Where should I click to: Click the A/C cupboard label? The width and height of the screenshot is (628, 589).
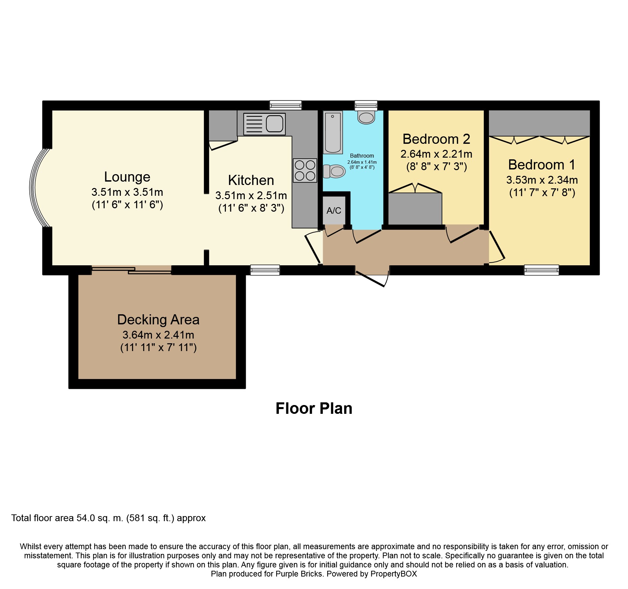coord(334,211)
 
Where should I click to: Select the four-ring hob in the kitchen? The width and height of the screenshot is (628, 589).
coord(305,170)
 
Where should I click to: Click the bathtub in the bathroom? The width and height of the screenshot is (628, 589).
coord(333,132)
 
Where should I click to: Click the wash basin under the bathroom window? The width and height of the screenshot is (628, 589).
coord(366,117)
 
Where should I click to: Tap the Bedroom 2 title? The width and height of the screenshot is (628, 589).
coord(436,139)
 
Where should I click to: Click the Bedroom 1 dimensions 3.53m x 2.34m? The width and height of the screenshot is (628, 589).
coord(542,180)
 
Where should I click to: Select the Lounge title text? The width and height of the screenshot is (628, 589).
coord(127,177)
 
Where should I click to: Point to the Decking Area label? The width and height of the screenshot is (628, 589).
coord(158,320)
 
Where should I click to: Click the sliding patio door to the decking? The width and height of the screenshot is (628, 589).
coord(132,270)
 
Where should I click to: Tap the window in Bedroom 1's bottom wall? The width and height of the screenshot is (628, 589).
coord(541,270)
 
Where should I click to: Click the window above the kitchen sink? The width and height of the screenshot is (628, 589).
coord(285,105)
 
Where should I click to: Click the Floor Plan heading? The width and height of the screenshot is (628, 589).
coord(314,408)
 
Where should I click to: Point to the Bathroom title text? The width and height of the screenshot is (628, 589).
coord(362,156)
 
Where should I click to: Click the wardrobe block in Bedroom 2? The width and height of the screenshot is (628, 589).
coord(415,209)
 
